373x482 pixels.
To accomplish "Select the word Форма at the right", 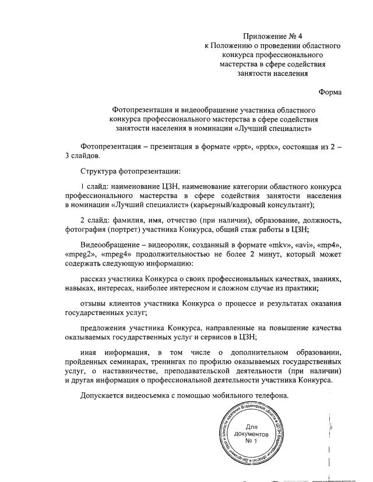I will point(330,92).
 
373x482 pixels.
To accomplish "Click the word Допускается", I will point(105,395).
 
